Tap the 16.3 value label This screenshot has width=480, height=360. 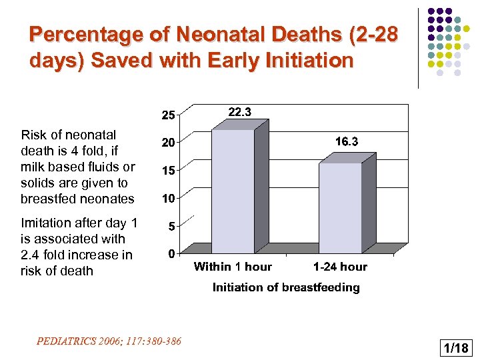tap(347, 142)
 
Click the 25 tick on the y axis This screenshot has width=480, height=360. tap(169, 115)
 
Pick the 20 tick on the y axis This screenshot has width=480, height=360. tap(169, 143)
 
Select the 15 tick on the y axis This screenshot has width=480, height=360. tap(169, 171)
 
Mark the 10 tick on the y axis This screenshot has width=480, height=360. tap(169, 199)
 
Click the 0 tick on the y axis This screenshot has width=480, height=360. tap(171, 254)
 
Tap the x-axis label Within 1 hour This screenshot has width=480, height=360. tap(233, 267)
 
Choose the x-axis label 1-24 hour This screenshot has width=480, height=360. tap(340, 267)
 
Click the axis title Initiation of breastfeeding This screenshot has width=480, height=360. tap(286, 287)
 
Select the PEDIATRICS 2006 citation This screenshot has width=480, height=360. tap(109, 341)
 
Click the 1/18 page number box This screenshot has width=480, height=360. tap(455, 347)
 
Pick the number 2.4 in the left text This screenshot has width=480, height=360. tap(32, 255)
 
